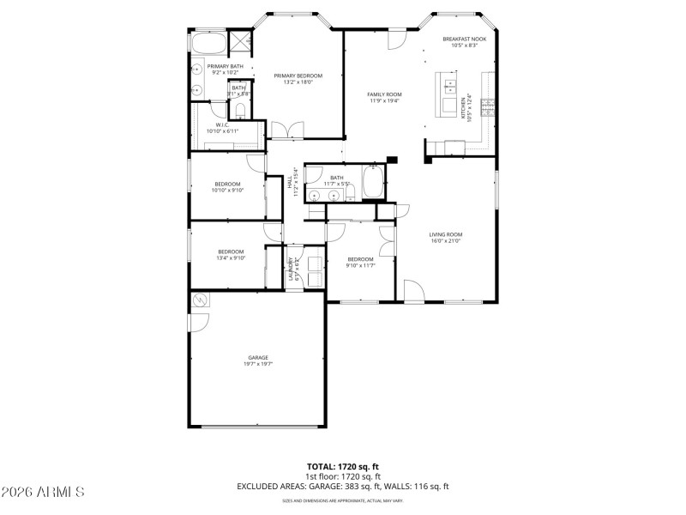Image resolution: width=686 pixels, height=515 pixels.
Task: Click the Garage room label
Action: point(258,358)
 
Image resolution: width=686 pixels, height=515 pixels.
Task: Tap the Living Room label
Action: point(446,234)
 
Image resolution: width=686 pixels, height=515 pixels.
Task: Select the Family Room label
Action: point(384,94)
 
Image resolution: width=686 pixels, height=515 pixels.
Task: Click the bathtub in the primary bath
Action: point(208,42)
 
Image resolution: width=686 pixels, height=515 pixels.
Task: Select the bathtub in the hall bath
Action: point(374,183)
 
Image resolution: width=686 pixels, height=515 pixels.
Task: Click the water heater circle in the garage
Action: point(200,300)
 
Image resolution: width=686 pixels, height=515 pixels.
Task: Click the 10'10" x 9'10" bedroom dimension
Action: point(228,191)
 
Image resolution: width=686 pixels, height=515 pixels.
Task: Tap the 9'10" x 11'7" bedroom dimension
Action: point(360,265)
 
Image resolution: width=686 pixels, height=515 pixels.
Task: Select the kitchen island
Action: point(449,94)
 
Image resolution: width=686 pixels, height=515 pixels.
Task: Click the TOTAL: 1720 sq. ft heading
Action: point(342,468)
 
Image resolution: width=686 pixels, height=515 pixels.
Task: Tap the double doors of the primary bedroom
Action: point(287,130)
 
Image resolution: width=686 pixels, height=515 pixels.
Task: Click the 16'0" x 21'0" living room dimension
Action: point(446,241)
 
